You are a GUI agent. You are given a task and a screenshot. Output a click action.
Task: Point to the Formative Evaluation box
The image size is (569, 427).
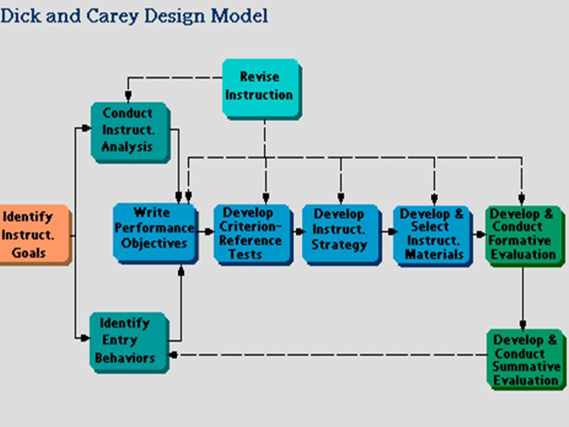click(523, 234)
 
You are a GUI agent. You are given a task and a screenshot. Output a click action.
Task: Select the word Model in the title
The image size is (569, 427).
click(240, 15)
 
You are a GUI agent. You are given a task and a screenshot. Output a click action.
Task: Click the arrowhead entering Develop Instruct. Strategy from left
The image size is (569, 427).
click(299, 232)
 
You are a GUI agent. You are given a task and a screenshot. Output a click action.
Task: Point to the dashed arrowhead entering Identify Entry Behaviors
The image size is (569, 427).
click(173, 355)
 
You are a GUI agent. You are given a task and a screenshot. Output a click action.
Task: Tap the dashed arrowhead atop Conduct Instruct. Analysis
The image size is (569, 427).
click(127, 97)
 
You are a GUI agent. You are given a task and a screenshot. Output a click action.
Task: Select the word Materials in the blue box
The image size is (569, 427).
click(434, 254)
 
